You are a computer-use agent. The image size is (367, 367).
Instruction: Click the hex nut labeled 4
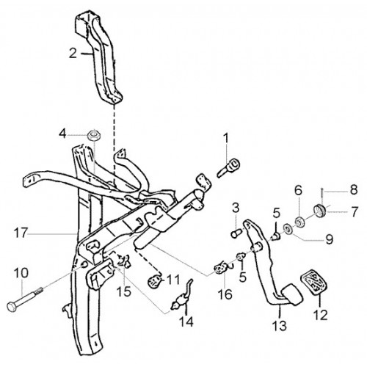94,135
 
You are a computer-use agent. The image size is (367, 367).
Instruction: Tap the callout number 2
73,53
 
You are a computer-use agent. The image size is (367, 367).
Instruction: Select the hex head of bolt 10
12,307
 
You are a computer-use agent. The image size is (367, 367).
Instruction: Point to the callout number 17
21,233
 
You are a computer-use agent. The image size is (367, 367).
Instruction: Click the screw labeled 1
228,167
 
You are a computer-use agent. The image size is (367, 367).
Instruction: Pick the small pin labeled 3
236,233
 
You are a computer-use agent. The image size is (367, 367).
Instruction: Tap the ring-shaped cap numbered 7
319,211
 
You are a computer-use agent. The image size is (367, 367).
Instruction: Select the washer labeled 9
288,230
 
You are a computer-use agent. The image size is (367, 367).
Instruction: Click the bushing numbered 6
299,222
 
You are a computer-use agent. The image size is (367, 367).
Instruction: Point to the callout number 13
280,326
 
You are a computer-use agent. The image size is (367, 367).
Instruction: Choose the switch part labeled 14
182,298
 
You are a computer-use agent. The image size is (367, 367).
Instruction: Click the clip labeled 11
155,282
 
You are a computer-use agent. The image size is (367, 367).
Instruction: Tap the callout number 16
225,294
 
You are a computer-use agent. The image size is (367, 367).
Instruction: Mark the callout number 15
123,291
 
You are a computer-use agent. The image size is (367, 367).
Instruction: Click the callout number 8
354,189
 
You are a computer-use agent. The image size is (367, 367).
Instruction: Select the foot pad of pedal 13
292,294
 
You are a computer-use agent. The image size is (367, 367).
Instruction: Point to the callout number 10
21,273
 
